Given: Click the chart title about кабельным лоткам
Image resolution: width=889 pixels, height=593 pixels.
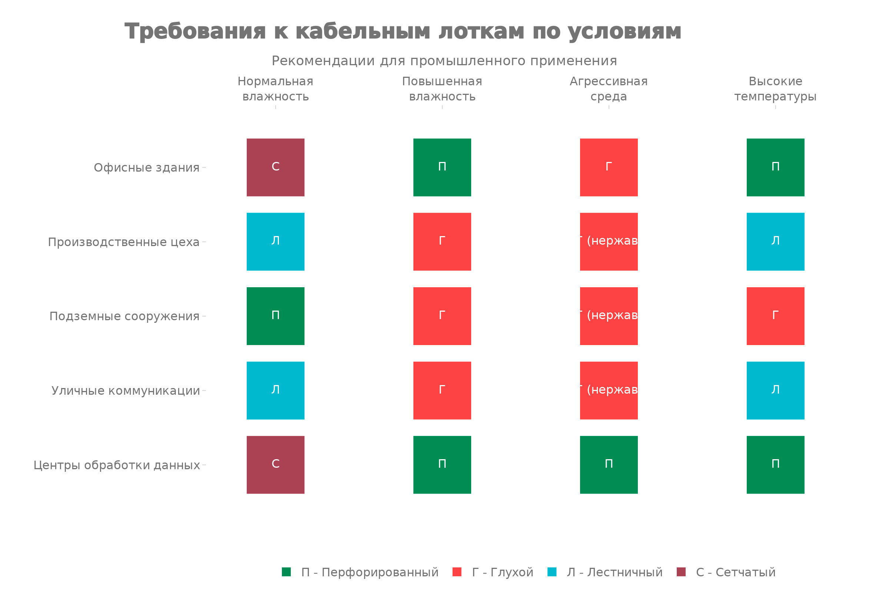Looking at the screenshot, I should coord(403,32).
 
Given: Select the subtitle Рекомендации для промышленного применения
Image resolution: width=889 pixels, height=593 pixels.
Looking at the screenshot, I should coord(444,61).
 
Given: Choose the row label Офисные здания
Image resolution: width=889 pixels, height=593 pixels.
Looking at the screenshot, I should coord(146,168).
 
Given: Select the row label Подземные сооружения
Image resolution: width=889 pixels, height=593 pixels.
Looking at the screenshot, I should coord(124,316).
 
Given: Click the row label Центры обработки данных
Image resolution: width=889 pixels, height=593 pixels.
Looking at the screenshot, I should coord(116,465).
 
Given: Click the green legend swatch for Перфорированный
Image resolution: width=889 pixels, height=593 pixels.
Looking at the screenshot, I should coord(286,572).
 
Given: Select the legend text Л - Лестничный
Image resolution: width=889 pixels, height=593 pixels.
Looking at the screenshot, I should coord(615,572).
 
